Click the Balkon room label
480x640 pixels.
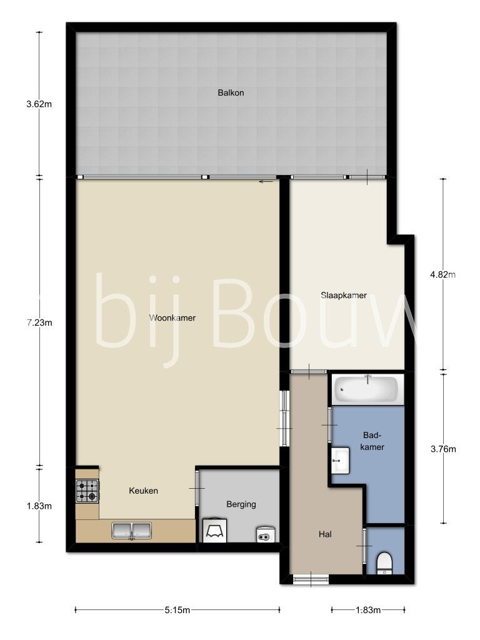(x=231, y=92)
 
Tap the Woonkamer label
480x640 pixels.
(x=172, y=317)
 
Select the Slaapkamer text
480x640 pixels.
(x=344, y=295)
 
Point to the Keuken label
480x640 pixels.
(x=143, y=491)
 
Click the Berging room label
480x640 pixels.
(x=241, y=504)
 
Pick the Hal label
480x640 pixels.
(x=325, y=534)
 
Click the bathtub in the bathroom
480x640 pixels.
(x=366, y=388)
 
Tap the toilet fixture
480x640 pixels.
(x=384, y=563)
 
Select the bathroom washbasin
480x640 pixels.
(x=340, y=460)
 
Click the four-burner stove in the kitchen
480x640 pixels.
(x=87, y=491)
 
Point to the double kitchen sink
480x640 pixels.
(x=131, y=531)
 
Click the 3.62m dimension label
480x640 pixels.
(x=39, y=104)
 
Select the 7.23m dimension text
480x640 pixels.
(x=39, y=323)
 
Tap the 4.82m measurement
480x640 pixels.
(x=443, y=274)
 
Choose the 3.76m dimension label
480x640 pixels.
(x=443, y=449)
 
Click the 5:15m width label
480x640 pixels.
(x=177, y=610)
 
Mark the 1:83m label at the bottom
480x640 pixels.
(x=368, y=610)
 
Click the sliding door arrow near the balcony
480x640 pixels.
(x=266, y=182)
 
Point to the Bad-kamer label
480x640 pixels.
(x=372, y=441)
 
